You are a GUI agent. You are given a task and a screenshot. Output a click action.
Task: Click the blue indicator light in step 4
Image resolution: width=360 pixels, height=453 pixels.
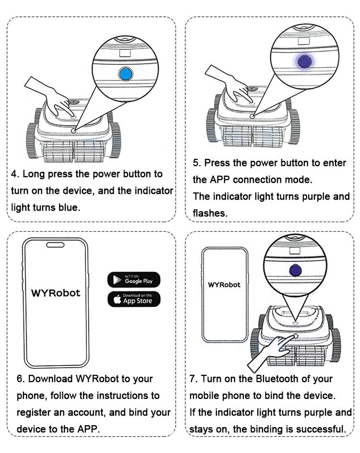coord(125,74)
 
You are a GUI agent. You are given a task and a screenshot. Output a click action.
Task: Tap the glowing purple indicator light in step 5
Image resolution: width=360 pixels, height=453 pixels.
coord(304,61)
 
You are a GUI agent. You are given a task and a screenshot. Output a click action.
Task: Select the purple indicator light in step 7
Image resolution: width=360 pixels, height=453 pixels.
coord(295,270)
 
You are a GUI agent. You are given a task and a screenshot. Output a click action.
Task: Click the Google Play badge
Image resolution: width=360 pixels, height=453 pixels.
coord(134,279)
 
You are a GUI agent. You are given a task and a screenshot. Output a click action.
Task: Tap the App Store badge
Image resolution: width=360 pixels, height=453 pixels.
coord(134,299)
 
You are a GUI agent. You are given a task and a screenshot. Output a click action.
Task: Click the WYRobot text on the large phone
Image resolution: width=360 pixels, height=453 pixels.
coord(56,293)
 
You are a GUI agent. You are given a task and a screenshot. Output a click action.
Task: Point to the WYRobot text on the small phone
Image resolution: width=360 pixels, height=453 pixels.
coord(224,285)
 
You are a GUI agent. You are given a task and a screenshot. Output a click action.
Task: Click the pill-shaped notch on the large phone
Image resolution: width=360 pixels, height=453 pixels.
coord(56,245)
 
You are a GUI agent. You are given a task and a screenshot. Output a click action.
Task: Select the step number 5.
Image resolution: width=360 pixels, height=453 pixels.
coord(196,163)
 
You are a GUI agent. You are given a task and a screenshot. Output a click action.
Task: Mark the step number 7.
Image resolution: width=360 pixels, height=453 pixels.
coord(192,379)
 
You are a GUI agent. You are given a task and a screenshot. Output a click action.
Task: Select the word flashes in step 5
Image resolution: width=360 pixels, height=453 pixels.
coord(210,213)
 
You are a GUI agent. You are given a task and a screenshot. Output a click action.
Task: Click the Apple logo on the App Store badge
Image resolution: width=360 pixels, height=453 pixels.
coord(117,299)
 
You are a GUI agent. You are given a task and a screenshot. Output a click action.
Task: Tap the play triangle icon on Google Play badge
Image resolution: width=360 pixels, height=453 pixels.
coord(117,279)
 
